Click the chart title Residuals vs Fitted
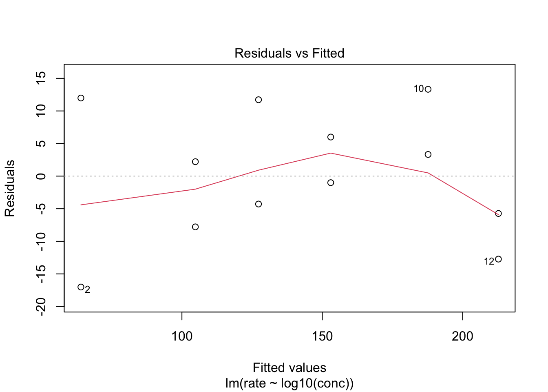289,53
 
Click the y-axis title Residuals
10,188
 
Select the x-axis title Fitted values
289,367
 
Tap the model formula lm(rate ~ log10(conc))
289,383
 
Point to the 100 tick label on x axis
182,336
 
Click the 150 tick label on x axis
322,336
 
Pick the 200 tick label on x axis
462,336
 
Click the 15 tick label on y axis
41,78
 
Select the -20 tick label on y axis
41,307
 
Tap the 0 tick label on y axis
41,176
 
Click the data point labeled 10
428,89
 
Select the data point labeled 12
498,259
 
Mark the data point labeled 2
81,287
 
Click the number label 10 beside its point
419,89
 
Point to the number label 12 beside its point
489,261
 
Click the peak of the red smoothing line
331,153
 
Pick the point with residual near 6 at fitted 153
331,137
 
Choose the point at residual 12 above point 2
81,98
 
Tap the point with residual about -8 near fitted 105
195,227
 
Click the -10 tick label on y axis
41,241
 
